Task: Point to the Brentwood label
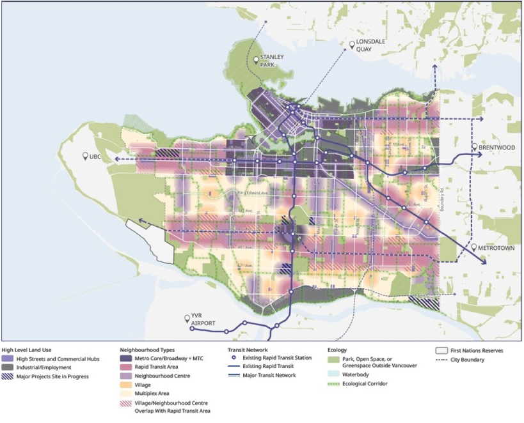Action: click(497, 147)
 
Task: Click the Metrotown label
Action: click(498, 247)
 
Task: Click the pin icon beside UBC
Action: click(85, 157)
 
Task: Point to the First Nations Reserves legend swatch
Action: click(440, 350)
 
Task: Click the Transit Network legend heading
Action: click(249, 350)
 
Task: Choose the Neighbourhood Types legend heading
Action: click(148, 350)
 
